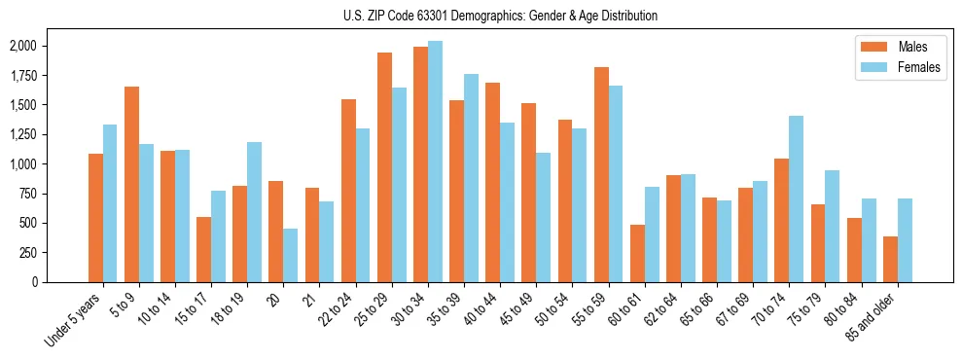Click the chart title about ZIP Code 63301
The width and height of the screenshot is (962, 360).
pyautogui.click(x=500, y=16)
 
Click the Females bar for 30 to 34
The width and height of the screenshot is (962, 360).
pyautogui.click(x=435, y=162)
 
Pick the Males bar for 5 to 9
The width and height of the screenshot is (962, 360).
pyautogui.click(x=131, y=185)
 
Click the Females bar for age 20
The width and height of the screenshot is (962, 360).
pyautogui.click(x=291, y=255)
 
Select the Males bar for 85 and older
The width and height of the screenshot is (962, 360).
pyautogui.click(x=890, y=259)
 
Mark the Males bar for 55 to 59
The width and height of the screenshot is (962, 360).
pyautogui.click(x=601, y=175)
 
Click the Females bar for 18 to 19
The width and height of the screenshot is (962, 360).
pyautogui.click(x=255, y=212)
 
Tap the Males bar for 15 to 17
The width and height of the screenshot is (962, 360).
pyautogui.click(x=203, y=249)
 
